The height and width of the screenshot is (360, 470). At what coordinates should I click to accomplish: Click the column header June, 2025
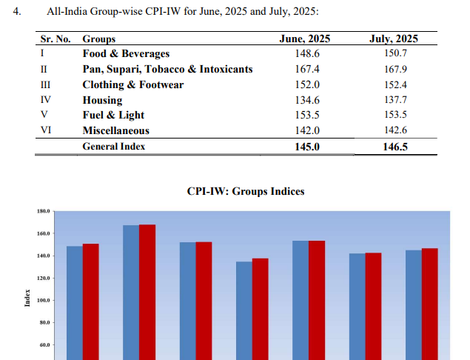click(x=305, y=39)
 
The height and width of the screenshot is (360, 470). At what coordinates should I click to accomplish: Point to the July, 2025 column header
click(x=393, y=39)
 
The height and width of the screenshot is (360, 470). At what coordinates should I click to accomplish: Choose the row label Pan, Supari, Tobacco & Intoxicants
click(x=167, y=70)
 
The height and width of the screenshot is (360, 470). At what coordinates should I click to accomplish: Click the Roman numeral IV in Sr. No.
click(x=45, y=100)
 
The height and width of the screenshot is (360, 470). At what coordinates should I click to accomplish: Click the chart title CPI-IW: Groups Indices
click(x=246, y=192)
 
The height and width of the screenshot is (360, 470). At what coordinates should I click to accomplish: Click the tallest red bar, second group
click(x=147, y=292)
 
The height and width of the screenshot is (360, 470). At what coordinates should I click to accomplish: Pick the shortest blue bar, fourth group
click(x=244, y=310)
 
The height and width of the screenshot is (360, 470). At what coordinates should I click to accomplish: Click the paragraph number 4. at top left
click(x=27, y=12)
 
